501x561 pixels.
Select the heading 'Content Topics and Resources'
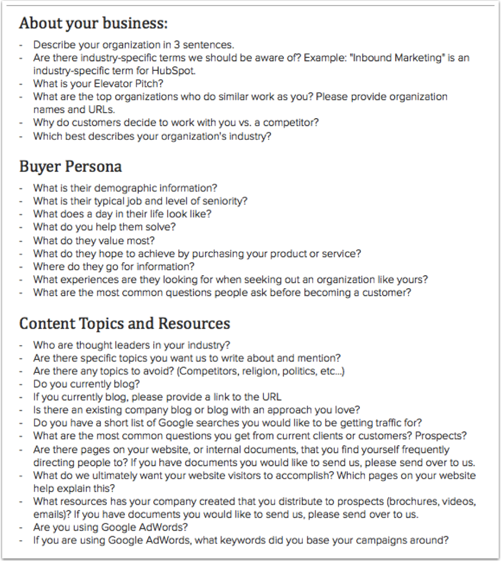point(124,324)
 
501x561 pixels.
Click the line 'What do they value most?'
point(94,240)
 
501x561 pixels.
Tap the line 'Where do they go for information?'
point(114,266)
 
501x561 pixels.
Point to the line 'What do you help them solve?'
point(104,227)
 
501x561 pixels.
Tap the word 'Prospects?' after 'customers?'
point(443,436)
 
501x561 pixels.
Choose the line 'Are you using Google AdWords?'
point(113,527)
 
